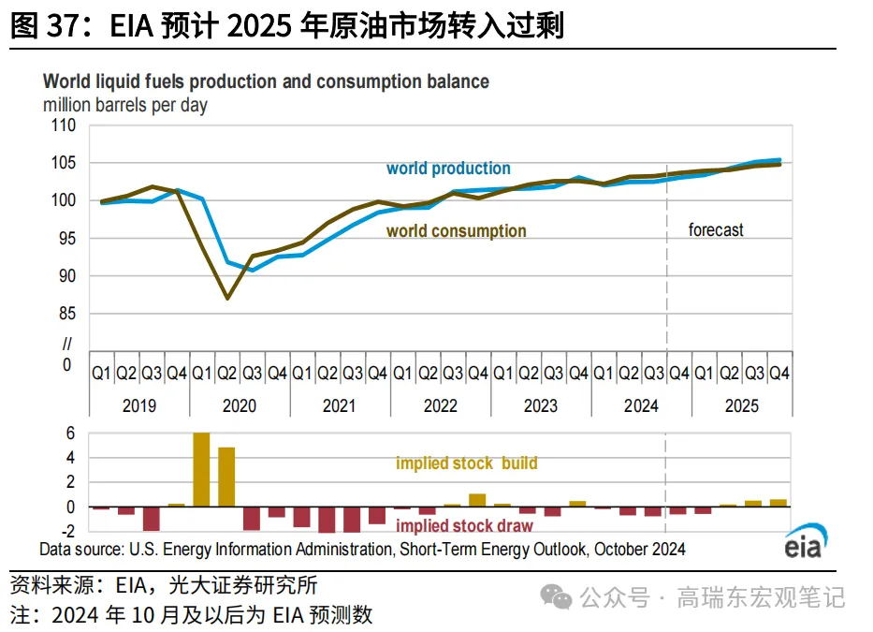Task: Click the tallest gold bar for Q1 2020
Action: click(201, 469)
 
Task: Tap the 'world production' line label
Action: click(448, 169)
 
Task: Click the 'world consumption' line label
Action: click(456, 231)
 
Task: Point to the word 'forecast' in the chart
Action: click(716, 229)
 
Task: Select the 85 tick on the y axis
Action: click(65, 314)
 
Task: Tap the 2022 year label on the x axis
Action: click(440, 405)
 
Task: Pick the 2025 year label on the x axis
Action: click(741, 405)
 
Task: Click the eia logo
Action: click(802, 545)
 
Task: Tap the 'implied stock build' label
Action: click(466, 463)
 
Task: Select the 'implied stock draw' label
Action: click(464, 526)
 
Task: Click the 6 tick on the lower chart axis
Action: click(68, 434)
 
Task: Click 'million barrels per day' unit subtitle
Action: click(125, 106)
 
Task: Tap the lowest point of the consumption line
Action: click(226, 299)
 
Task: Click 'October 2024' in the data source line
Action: click(640, 550)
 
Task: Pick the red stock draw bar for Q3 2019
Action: click(151, 518)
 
